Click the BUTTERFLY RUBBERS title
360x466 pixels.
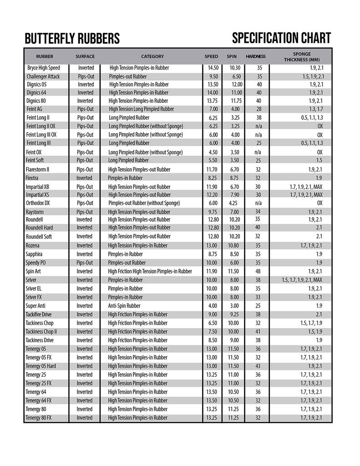tap(72, 39)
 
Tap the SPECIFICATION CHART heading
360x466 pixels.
tap(281, 38)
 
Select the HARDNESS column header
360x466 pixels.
tap(256, 56)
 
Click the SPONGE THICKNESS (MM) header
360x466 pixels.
tap(302, 56)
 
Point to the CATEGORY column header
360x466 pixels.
tap(152, 56)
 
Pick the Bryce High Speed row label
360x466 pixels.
tap(43, 68)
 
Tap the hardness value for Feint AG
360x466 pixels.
tap(259, 109)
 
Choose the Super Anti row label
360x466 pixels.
tap(35, 306)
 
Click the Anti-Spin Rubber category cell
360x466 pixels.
tap(124, 306)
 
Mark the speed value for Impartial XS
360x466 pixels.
tap(212, 195)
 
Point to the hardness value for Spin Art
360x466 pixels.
tap(259, 271)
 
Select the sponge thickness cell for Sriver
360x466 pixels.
tap(302, 280)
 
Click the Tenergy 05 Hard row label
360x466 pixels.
tap(41, 366)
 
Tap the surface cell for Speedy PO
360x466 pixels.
tap(85, 263)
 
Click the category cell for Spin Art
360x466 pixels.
tap(150, 271)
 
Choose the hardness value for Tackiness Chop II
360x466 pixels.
tap(259, 331)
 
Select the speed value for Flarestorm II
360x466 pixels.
tap(212, 169)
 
